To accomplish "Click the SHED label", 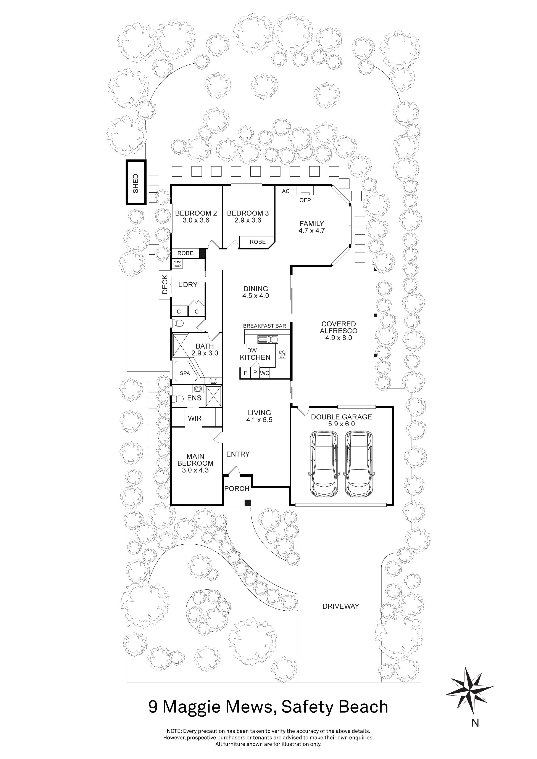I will point(135,183).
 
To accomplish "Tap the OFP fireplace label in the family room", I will point(305,200).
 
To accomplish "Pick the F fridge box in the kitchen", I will point(245,373).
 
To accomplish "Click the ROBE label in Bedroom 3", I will point(258,242).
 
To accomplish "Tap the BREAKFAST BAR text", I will point(264,326).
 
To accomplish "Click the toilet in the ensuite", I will point(179,399).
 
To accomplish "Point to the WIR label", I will point(194,418).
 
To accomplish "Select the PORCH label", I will point(237,489).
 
